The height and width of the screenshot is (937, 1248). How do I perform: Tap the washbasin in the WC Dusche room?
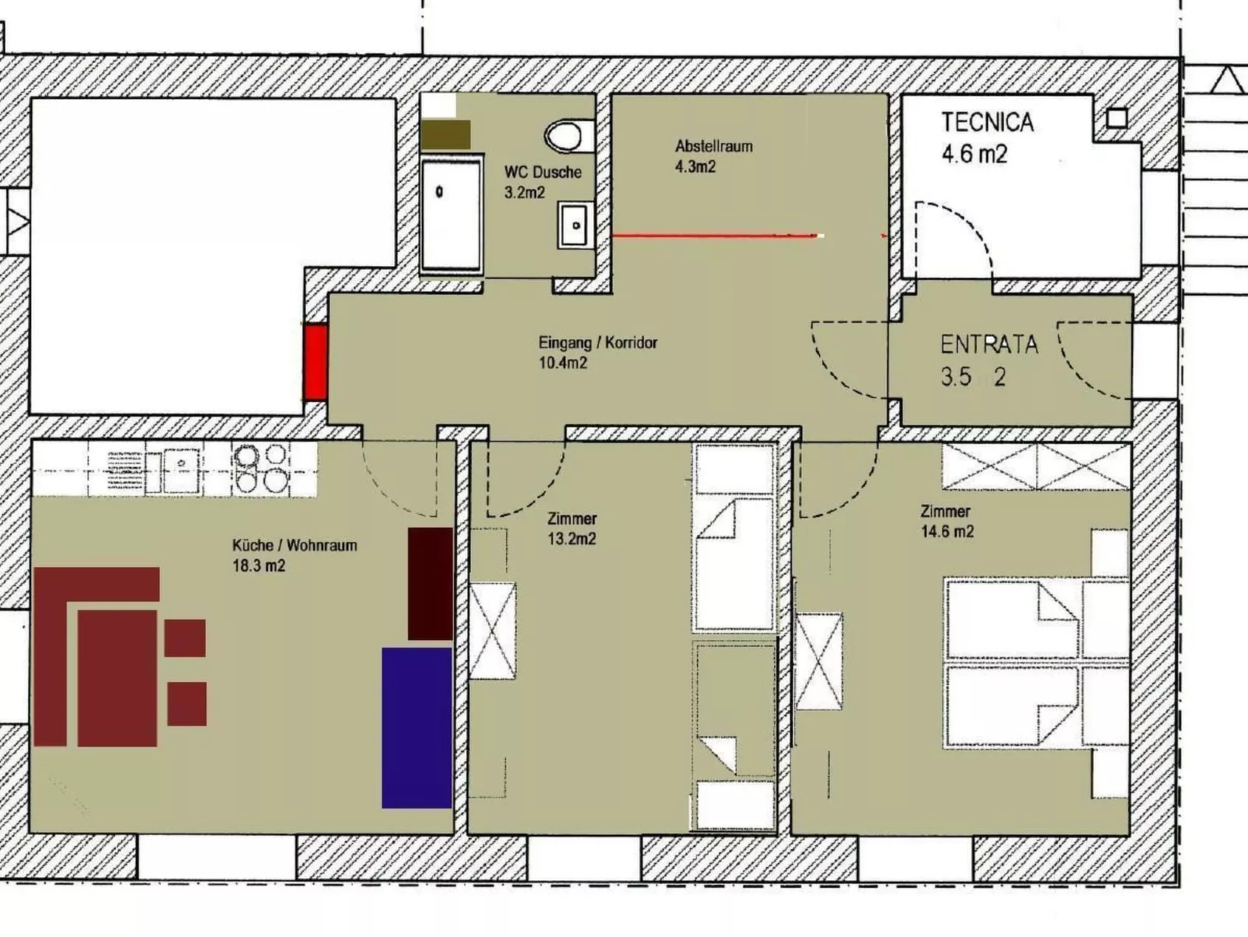pos(575,225)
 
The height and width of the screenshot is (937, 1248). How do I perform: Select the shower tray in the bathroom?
pos(451,215)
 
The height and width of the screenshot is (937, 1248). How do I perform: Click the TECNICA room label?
pos(988,122)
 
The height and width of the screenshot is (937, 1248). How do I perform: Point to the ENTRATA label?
pos(989,344)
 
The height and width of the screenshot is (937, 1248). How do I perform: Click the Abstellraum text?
pos(713,146)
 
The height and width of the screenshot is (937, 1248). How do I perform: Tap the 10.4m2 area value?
pos(563,362)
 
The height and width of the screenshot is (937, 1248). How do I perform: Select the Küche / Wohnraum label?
pos(295,545)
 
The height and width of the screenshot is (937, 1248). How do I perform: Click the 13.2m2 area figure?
pos(572,538)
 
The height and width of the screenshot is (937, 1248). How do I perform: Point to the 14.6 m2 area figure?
pos(947,531)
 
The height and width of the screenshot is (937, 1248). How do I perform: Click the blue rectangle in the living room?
pos(417,728)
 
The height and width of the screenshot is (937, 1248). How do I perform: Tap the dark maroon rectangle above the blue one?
pos(431,584)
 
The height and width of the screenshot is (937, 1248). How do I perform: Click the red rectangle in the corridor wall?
pos(315,362)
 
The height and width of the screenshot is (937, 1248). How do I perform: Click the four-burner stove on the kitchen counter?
pos(260,468)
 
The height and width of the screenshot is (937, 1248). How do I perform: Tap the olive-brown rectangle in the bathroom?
pos(446,135)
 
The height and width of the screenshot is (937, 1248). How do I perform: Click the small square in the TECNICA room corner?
pos(1117,118)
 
